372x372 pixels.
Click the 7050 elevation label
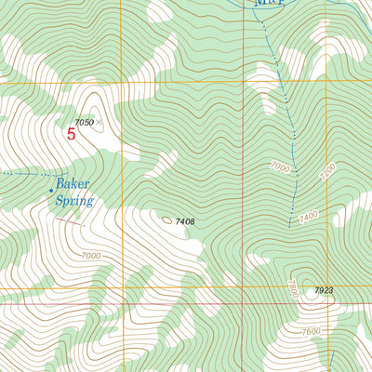click(x=84, y=122)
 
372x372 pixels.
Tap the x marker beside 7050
click(x=99, y=122)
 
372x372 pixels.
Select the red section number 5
click(x=72, y=133)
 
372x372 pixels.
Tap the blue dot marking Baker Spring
click(x=51, y=190)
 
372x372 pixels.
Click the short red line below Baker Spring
click(x=70, y=221)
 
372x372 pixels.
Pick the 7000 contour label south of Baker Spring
click(x=90, y=256)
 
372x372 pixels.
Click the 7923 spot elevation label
click(x=323, y=291)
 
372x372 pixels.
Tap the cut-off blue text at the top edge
click(x=268, y=4)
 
